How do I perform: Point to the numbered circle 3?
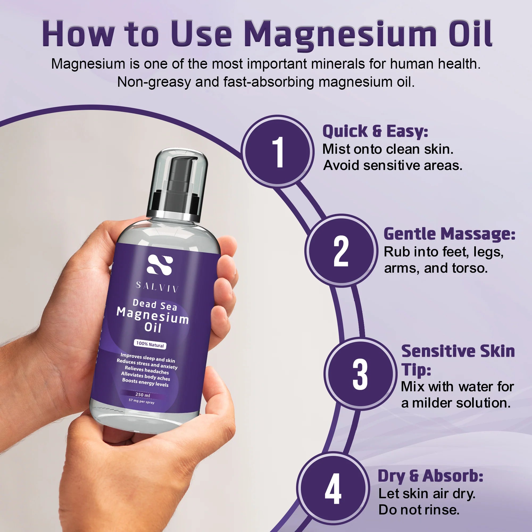[360, 374]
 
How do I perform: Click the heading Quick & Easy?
[375, 131]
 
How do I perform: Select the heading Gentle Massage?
[449, 234]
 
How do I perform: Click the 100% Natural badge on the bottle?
[150, 344]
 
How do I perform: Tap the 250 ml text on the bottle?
[143, 394]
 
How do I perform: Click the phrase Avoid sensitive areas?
[393, 165]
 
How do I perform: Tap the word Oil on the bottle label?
[153, 327]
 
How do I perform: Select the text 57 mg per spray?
[142, 401]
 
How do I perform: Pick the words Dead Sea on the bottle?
[155, 305]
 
